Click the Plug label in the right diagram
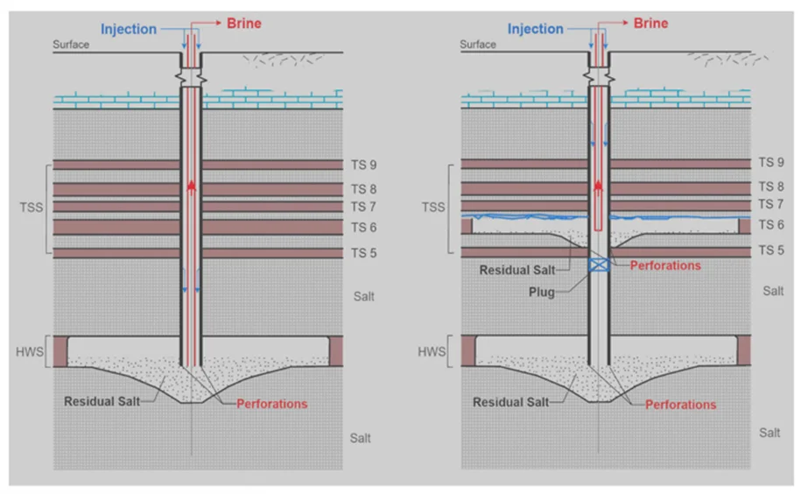542,293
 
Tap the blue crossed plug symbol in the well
599,265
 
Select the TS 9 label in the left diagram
364,165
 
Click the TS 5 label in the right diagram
771,251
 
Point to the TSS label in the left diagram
31,208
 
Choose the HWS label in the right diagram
432,352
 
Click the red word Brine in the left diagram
244,23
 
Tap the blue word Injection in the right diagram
536,29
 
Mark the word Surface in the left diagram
71,45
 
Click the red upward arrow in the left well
192,187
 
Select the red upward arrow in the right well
598,186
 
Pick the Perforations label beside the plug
665,265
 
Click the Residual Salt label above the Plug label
517,270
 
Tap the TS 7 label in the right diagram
771,204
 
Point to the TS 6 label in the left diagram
364,228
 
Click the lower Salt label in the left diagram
360,438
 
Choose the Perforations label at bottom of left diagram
272,404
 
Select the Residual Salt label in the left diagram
102,401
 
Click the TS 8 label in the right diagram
771,187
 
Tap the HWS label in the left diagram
30,352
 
